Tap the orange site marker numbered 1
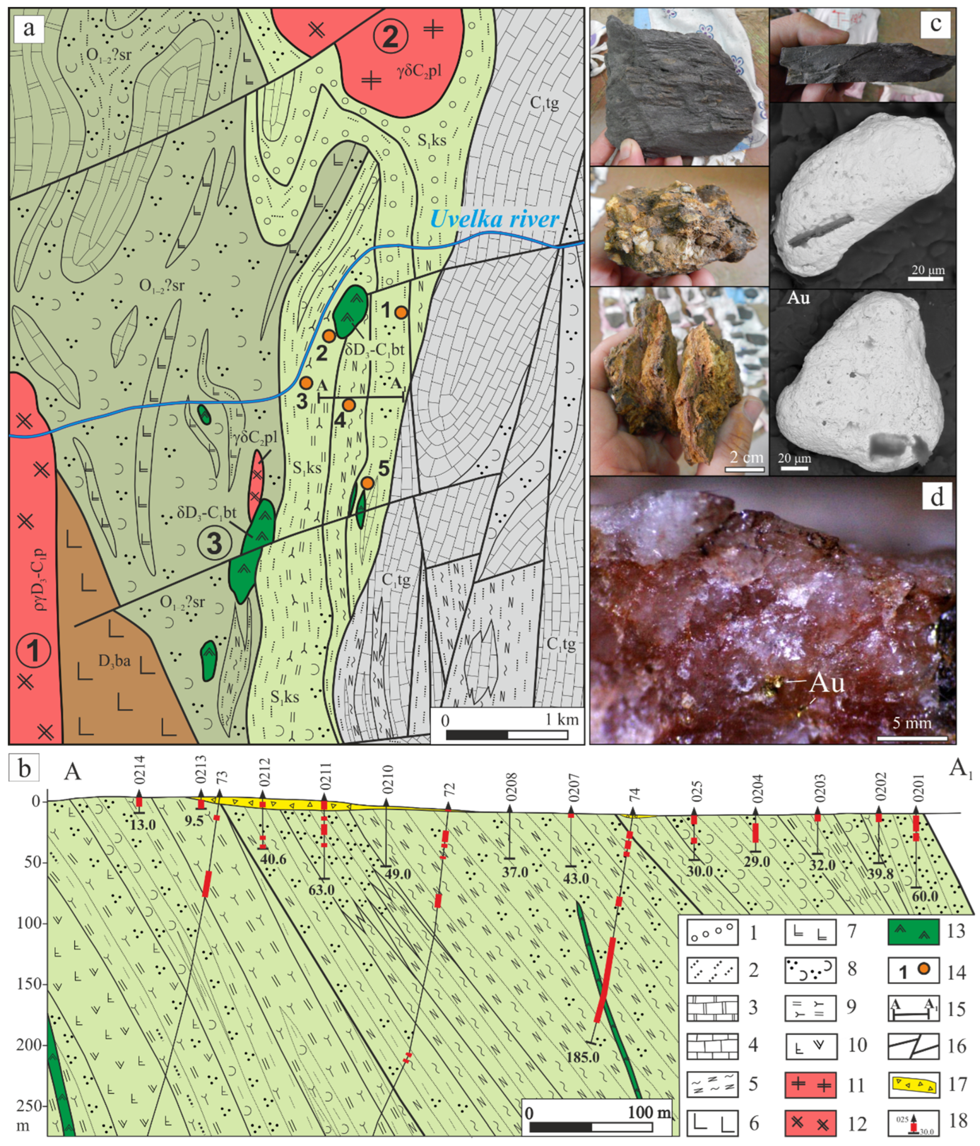pos(402,312)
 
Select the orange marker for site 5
pos(367,483)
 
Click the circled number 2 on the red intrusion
pos(390,36)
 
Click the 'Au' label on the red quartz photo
pos(826,684)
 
